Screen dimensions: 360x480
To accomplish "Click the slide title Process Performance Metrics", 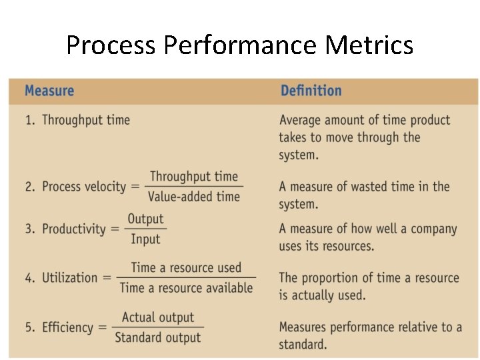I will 239,45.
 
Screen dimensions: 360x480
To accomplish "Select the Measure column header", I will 49,91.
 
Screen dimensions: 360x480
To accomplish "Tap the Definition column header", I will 311,91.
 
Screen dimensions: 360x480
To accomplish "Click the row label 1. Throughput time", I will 78,120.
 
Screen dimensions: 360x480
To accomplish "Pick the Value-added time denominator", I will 193,196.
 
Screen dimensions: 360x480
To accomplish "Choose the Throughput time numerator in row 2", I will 193,177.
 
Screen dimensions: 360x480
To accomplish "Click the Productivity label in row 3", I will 73,229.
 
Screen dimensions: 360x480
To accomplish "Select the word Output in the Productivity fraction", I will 145,219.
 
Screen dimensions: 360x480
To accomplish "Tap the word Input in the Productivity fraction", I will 145,239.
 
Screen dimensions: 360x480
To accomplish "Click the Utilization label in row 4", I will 69,277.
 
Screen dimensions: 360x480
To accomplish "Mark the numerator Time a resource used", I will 186,267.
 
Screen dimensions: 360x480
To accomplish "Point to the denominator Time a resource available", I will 186,288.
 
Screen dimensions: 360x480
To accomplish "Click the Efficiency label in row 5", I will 67,327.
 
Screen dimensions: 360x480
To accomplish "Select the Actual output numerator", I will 158,317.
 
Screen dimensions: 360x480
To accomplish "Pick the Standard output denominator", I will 158,337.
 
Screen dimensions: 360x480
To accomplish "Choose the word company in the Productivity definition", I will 431,229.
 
